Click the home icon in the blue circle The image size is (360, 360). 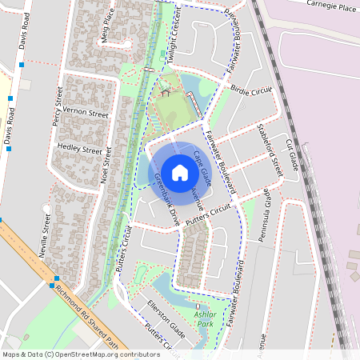point(180,171)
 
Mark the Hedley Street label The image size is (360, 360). point(80,150)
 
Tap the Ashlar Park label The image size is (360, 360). point(205,319)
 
